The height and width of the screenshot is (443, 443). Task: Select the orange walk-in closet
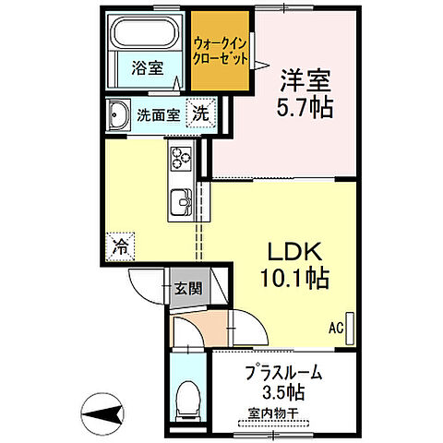220,50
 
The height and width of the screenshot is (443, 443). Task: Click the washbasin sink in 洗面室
119,116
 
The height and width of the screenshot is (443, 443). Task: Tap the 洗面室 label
159,116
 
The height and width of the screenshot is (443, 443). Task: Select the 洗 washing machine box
200,114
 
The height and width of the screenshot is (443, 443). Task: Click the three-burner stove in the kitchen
179,161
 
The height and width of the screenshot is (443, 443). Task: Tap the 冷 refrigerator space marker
120,245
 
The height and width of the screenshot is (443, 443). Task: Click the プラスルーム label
283,374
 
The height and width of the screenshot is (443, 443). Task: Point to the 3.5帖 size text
284,393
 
